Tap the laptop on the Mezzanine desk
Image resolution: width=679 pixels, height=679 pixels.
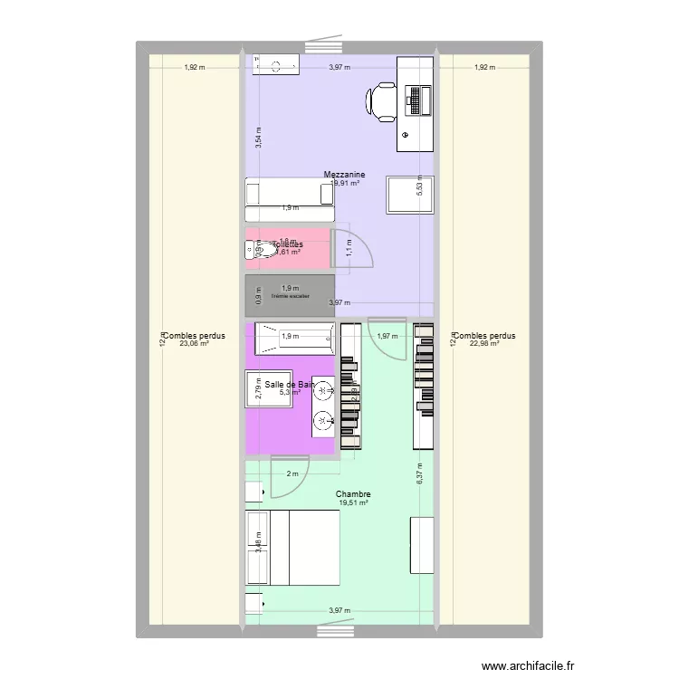417,99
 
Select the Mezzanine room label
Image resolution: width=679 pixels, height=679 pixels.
344,174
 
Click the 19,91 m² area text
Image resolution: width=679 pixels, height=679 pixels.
346,183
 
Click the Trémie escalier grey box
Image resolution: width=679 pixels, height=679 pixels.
290,295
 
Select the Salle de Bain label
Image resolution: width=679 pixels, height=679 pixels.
290,385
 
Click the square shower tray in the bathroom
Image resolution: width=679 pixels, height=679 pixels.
271,389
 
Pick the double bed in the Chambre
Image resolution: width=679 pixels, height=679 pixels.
292,548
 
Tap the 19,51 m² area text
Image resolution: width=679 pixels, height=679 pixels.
353,503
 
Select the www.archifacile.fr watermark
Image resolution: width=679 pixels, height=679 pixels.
529,666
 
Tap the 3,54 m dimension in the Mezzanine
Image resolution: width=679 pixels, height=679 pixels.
259,139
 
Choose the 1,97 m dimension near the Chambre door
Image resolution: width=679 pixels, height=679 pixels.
387,337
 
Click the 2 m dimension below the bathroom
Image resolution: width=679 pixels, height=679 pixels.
292,474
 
